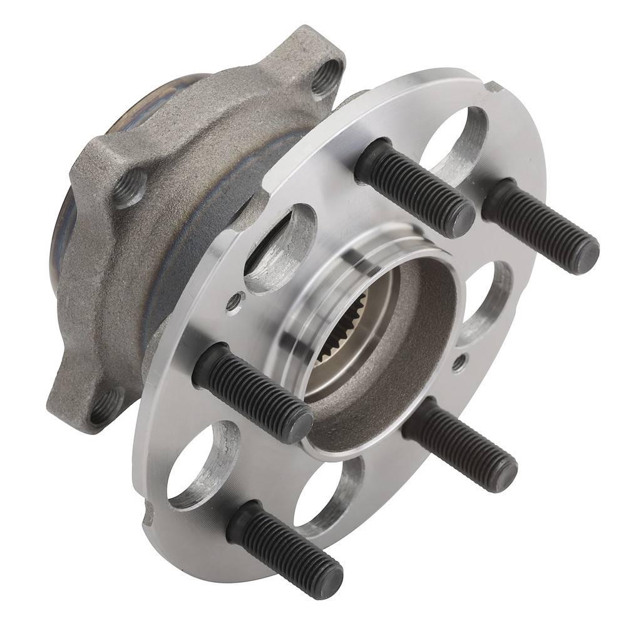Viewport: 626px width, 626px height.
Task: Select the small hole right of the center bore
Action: (x=459, y=361)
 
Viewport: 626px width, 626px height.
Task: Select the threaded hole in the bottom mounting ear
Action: (x=105, y=407)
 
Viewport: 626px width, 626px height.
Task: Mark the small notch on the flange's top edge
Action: (x=494, y=86)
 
